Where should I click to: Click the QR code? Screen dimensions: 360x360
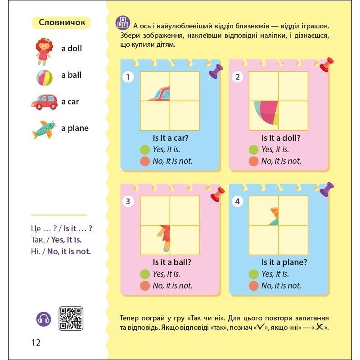point(71,318)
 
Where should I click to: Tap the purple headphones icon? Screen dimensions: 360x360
point(44,319)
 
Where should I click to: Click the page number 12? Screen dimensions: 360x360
point(36,342)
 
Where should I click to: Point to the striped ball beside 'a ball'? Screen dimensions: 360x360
point(45,77)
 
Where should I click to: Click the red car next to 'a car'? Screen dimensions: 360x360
point(44,102)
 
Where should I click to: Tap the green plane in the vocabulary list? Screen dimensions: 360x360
point(44,130)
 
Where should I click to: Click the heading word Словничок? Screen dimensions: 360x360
point(62,22)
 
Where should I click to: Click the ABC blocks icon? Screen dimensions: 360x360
point(122,23)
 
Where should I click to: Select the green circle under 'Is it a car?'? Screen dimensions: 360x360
point(145,149)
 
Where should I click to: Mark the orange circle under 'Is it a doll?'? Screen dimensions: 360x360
point(253,161)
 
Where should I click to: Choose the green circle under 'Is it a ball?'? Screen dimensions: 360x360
point(145,274)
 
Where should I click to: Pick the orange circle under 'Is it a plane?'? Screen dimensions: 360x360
point(253,286)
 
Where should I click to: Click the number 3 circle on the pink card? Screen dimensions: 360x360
point(128,201)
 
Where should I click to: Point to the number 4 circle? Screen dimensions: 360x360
point(238,201)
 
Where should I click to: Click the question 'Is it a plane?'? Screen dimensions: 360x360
point(284,262)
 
